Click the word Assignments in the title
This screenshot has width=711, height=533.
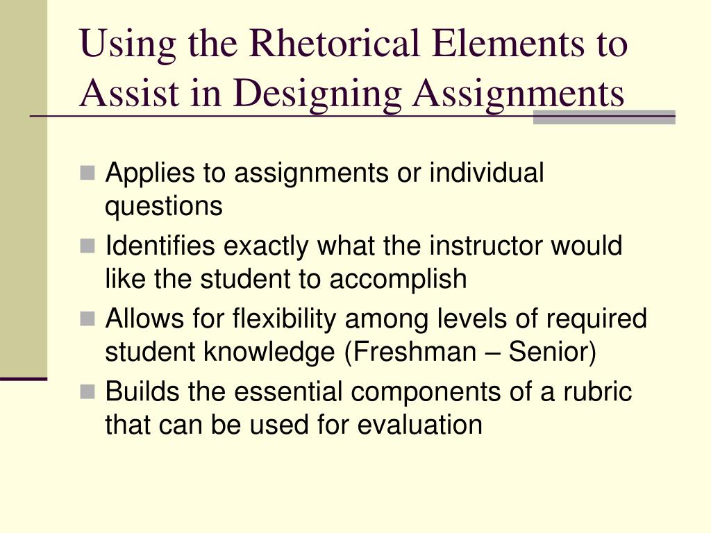point(518,93)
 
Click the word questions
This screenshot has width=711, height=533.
point(164,206)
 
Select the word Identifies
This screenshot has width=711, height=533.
point(160,246)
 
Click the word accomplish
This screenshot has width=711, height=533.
point(398,279)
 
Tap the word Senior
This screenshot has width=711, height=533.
point(552,352)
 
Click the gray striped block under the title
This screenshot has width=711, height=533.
point(604,117)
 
